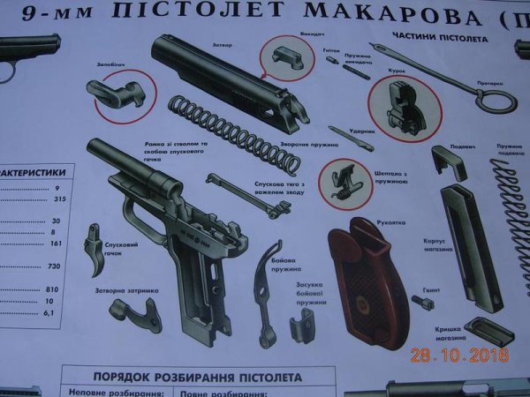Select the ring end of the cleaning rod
coord(495,97)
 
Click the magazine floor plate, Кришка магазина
coord(488,330)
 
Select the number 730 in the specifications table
coord(53,266)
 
